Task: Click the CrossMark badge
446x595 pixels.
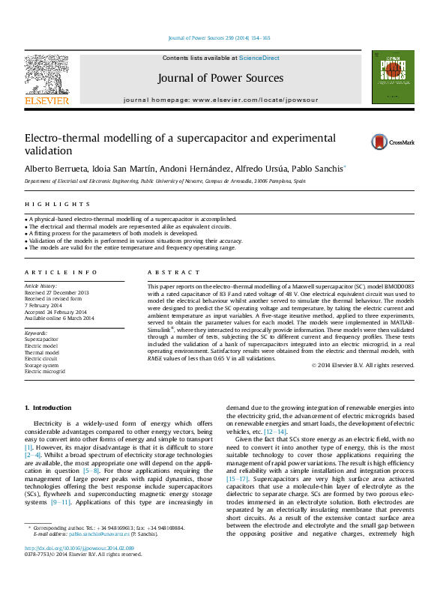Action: point(386,142)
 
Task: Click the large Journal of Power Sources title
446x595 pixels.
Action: point(220,78)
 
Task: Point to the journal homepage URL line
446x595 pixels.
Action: point(220,100)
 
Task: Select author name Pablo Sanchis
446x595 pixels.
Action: point(318,170)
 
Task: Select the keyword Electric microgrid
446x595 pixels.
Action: point(45,371)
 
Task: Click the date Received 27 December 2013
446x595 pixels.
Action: point(56,293)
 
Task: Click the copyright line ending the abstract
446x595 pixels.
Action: point(362,365)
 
